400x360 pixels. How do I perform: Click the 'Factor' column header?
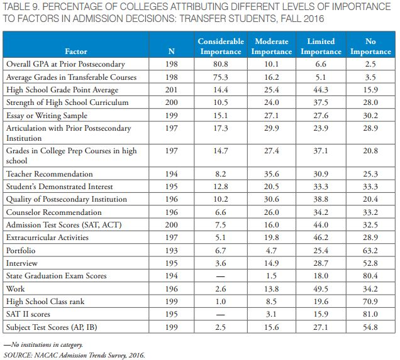(76, 52)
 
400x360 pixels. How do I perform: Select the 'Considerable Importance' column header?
(221, 46)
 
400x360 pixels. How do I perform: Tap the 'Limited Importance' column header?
(321, 46)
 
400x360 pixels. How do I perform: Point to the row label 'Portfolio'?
(20, 250)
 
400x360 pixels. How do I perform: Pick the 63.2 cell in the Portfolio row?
(370, 250)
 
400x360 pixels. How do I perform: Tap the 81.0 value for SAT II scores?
(370, 314)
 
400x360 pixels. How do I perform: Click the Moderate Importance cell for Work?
(271, 288)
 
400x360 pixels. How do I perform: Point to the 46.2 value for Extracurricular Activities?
(321, 237)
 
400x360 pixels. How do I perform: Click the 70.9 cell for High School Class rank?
(370, 302)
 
